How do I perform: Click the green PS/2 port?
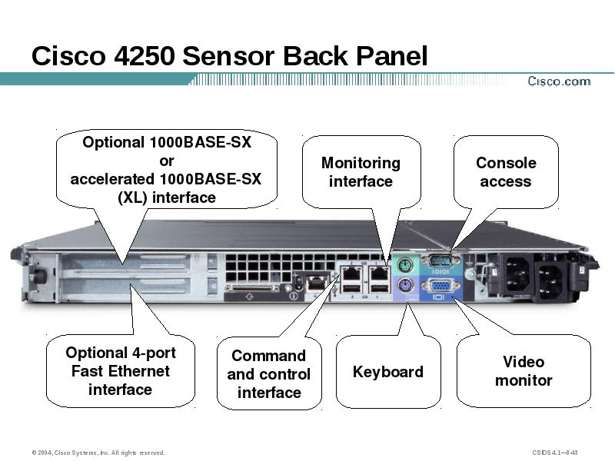click(x=406, y=266)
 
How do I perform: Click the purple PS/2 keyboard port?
click(x=406, y=287)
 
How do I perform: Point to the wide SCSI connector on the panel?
click(x=252, y=289)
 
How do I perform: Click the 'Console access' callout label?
click(x=505, y=172)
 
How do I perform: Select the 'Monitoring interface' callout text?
click(x=361, y=172)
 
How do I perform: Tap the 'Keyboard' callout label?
click(x=387, y=372)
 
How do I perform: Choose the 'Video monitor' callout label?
click(x=524, y=371)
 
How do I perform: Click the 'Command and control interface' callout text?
click(x=269, y=374)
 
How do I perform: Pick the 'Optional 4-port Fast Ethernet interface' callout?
click(x=120, y=371)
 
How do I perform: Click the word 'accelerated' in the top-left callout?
click(x=112, y=179)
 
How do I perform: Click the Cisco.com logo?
click(x=559, y=81)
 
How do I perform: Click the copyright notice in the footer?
click(x=98, y=452)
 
